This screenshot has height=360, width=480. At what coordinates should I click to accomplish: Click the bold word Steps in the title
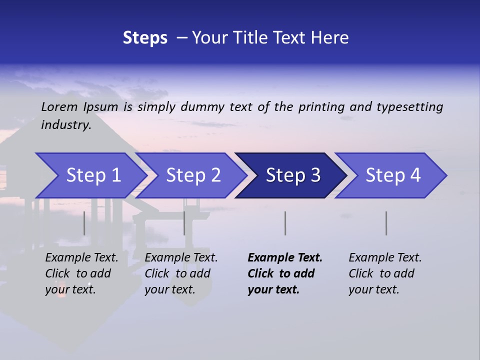coord(145,37)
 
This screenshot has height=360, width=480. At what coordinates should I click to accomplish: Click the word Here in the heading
coord(329,37)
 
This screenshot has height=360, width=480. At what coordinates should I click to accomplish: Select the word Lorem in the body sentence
coord(59,106)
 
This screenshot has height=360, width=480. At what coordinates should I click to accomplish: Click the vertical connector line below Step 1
coord(84,223)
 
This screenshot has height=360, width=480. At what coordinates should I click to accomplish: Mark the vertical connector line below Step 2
coord(184,223)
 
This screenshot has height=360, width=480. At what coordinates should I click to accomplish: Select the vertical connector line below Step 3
coord(285,223)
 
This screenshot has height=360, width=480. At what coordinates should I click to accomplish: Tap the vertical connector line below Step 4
coord(386,223)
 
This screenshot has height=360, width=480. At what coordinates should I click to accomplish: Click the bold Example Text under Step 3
coord(285,257)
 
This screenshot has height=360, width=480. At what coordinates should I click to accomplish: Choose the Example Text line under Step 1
coord(81,257)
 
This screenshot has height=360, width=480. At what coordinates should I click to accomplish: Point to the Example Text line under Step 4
coord(385,257)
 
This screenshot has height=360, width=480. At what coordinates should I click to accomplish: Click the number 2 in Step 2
coord(215,175)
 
